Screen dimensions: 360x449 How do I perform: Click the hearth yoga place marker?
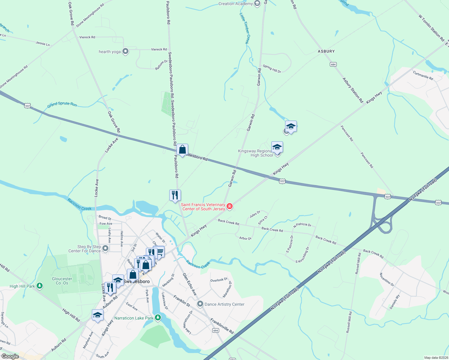click(125, 52)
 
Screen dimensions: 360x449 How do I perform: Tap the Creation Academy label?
click(236, 4)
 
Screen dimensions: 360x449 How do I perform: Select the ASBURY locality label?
click(326, 51)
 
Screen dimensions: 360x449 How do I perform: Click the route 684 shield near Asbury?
click(333, 64)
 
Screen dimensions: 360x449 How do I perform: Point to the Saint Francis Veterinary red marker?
click(230, 206)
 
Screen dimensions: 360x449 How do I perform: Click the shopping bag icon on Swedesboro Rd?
click(182, 149)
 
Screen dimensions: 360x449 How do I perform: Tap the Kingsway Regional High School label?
click(256, 153)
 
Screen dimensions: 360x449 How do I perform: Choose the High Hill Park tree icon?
click(39, 286)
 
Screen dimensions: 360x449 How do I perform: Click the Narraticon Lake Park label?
click(134, 318)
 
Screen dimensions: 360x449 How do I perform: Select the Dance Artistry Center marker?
click(200, 304)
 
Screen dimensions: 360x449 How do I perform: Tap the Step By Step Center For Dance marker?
click(105, 248)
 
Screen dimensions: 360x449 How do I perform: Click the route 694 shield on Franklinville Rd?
click(215, 330)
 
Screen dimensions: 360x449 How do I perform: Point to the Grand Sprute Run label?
click(62, 104)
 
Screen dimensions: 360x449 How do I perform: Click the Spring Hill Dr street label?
click(272, 69)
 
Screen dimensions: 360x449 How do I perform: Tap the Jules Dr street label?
click(255, 214)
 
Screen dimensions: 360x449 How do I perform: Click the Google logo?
click(10, 356)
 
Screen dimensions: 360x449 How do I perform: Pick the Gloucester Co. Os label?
click(62, 281)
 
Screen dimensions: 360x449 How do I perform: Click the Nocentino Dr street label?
click(387, 280)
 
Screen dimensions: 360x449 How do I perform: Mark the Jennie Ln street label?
click(43, 44)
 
